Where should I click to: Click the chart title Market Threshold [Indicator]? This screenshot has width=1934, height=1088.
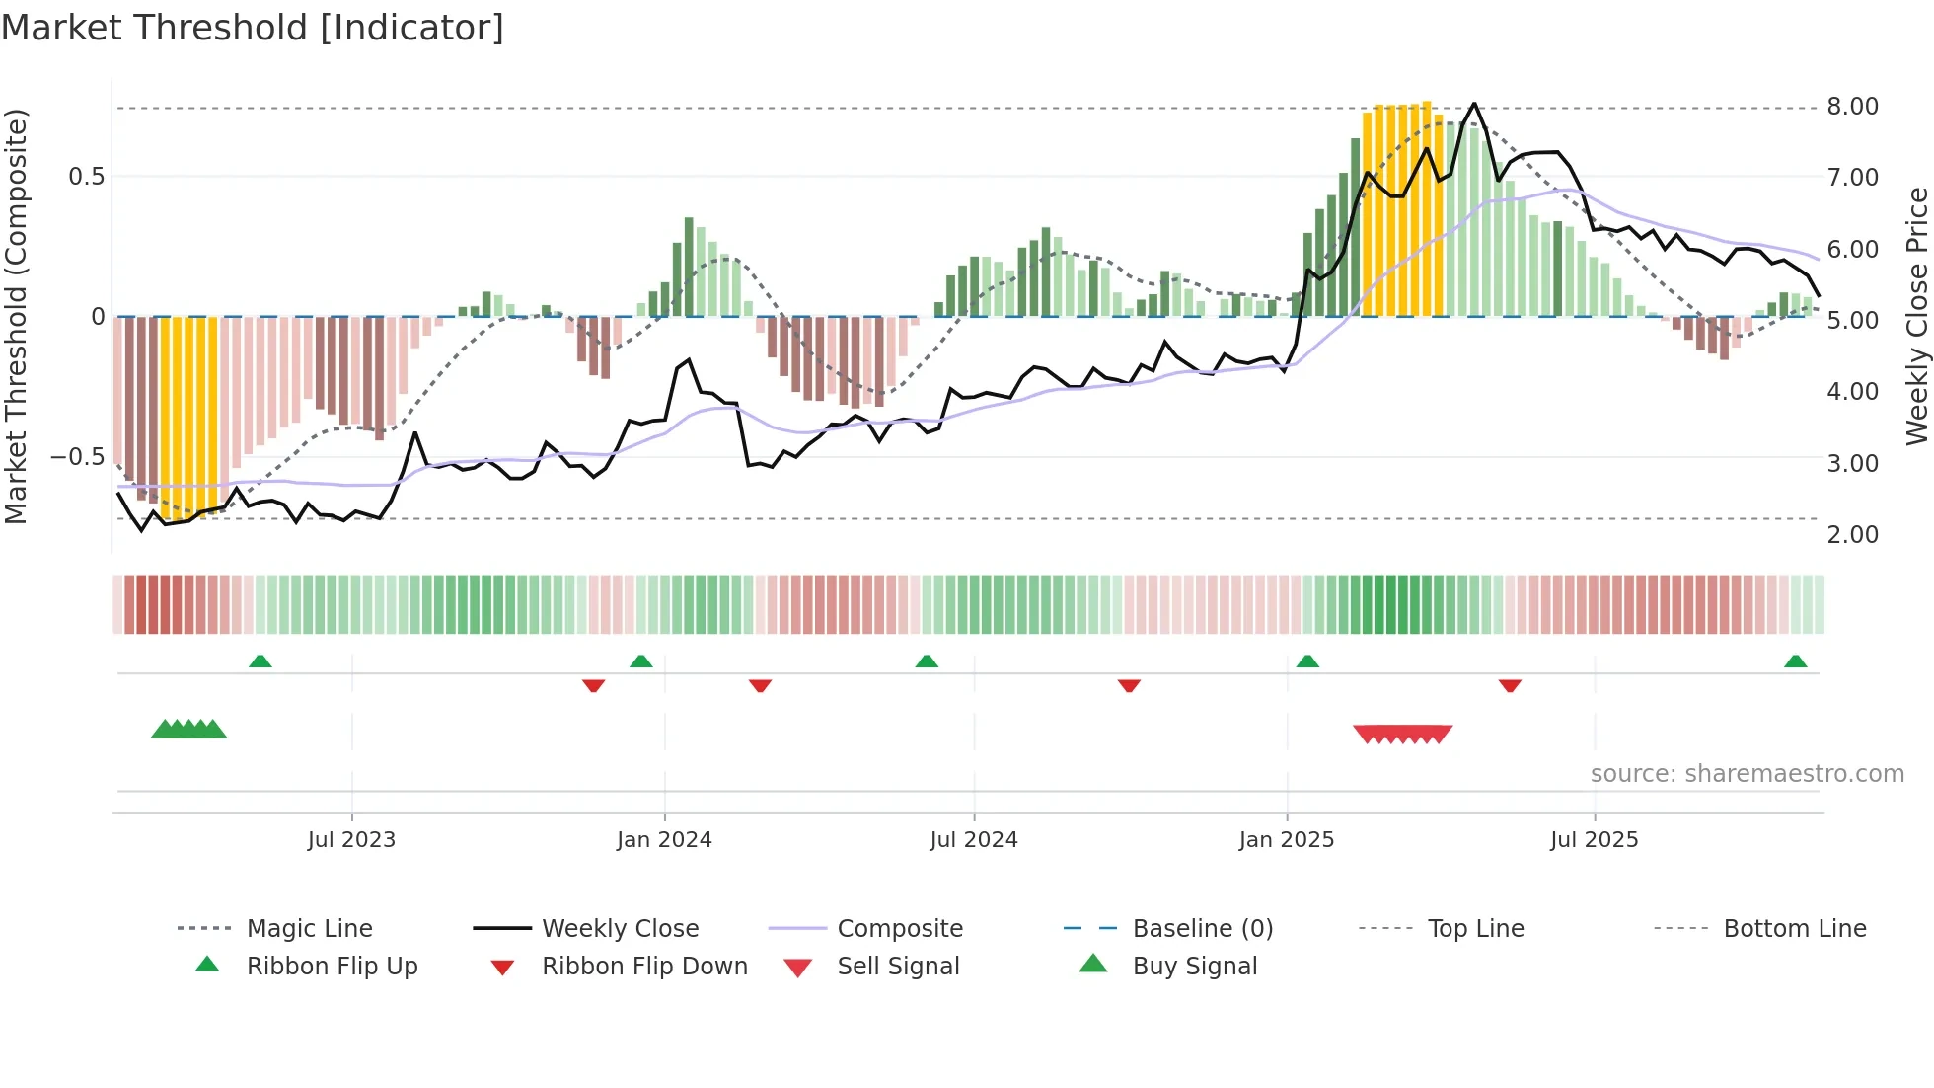click(x=253, y=28)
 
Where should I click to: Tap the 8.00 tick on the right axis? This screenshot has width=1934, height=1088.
click(x=1852, y=107)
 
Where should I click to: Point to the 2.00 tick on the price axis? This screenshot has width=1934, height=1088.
click(x=1852, y=535)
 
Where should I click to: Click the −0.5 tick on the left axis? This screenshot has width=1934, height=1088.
click(x=77, y=457)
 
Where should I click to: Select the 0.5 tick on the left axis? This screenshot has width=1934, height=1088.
click(x=86, y=177)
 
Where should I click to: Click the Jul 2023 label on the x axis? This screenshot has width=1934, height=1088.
click(x=351, y=840)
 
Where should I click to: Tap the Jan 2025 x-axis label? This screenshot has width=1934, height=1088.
click(x=1286, y=840)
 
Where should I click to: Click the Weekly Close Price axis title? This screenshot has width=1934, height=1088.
click(x=1916, y=316)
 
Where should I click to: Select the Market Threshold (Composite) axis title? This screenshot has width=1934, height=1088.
click(x=16, y=316)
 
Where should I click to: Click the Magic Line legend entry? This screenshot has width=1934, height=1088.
click(x=309, y=929)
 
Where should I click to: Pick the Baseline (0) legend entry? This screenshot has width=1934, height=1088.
click(x=1202, y=929)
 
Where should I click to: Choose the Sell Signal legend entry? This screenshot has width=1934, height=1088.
click(x=897, y=967)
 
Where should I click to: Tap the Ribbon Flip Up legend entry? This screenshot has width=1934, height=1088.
click(x=332, y=967)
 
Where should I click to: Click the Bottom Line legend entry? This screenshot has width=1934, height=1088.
click(x=1794, y=929)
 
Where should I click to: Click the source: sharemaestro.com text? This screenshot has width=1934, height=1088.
click(x=1747, y=774)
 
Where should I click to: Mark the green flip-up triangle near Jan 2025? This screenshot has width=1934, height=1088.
click(x=1307, y=661)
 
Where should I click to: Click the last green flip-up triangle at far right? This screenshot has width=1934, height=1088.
click(x=1795, y=661)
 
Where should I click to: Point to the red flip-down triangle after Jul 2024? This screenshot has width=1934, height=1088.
click(x=1129, y=685)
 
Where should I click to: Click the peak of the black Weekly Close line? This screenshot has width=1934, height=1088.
click(x=1474, y=104)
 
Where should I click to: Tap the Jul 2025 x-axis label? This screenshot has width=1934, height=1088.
click(x=1594, y=840)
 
